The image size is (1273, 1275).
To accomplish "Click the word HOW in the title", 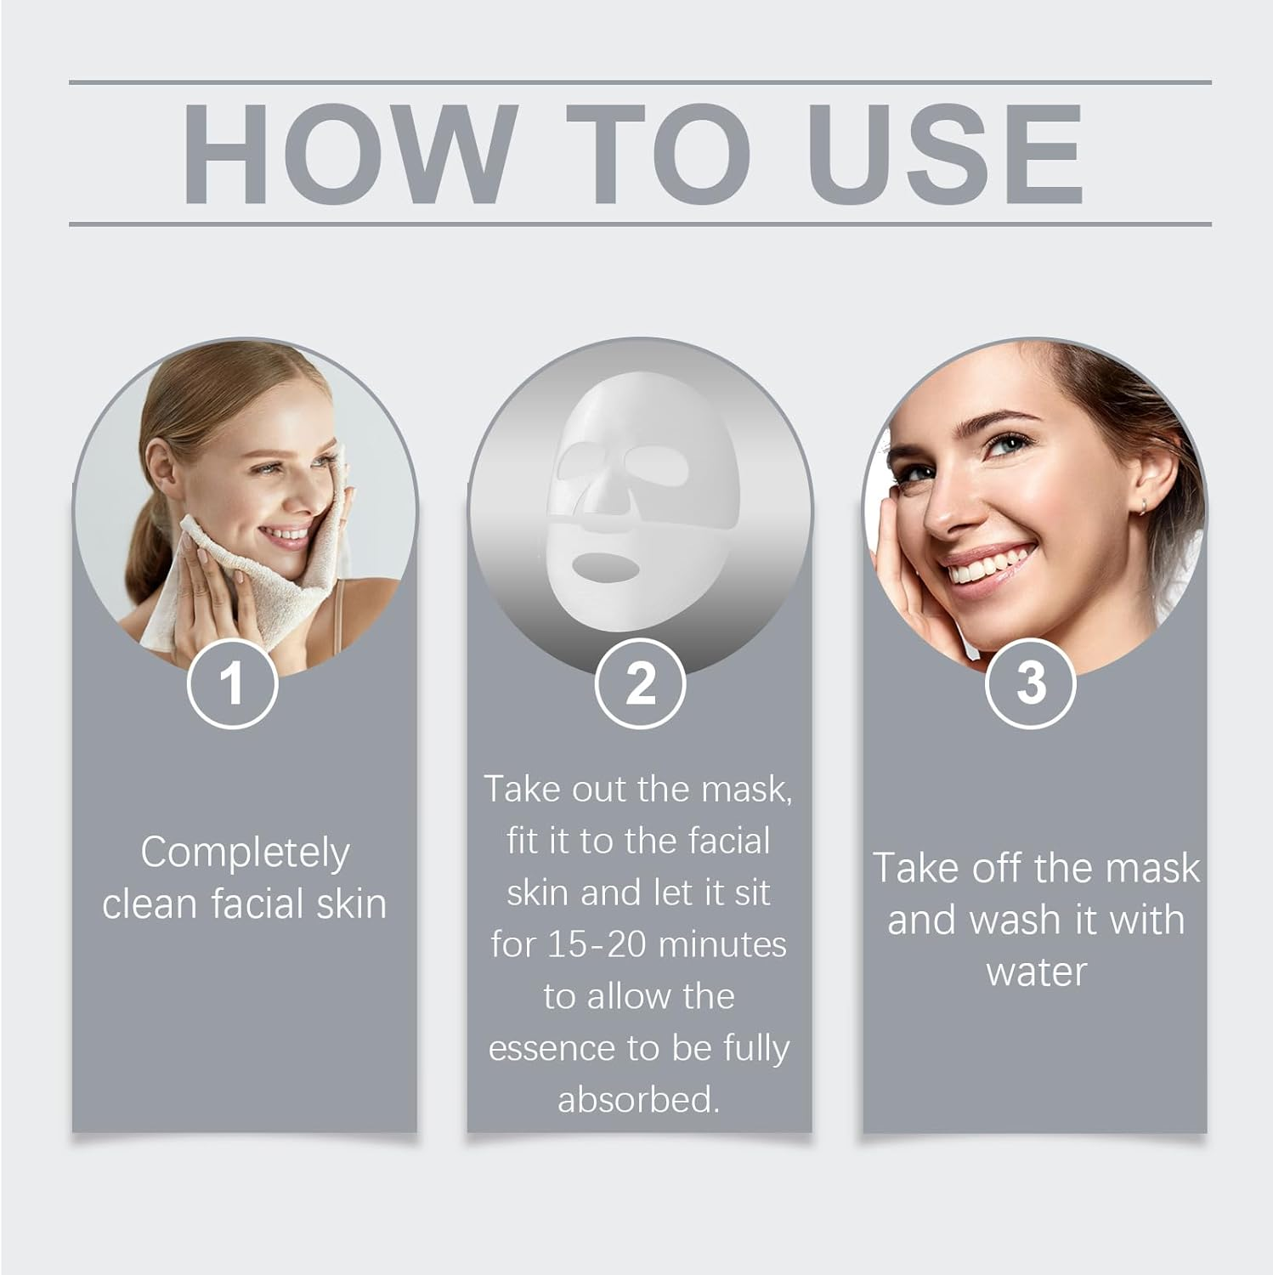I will click(x=348, y=154).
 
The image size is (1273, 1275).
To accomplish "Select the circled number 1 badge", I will click(x=232, y=683).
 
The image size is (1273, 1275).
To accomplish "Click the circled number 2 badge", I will click(x=639, y=683).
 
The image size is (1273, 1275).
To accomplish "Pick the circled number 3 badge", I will click(x=1030, y=683).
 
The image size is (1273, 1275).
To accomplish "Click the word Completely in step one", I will click(x=245, y=853).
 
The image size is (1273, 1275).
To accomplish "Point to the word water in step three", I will click(x=1036, y=972).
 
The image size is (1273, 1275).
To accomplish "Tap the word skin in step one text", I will click(x=352, y=904).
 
